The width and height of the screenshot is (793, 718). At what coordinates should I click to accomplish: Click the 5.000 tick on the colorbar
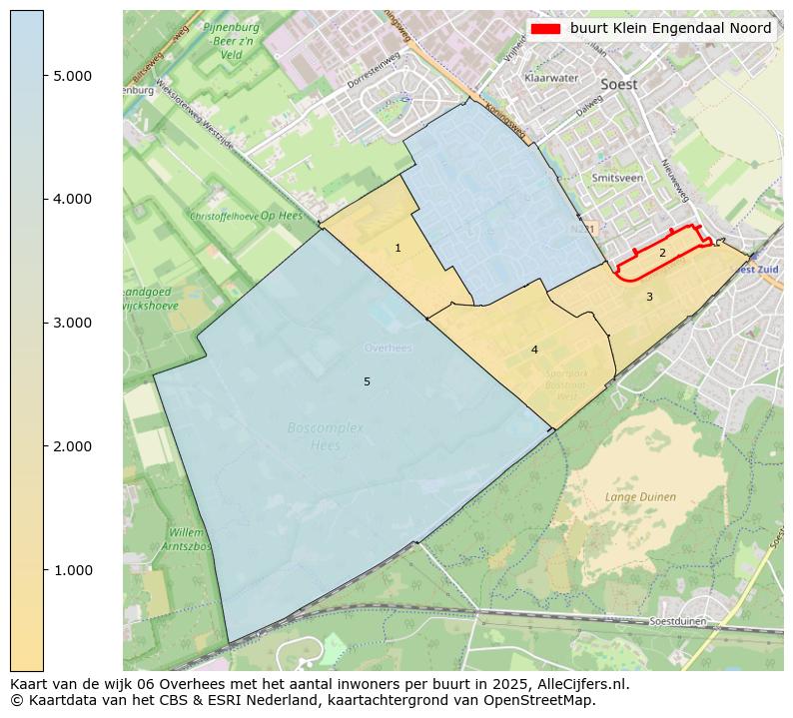[74, 76]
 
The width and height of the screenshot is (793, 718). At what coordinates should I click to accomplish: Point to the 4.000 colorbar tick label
[74, 200]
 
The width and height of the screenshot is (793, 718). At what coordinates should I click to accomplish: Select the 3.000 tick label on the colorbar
[74, 323]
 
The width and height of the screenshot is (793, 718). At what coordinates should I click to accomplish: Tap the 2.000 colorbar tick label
[74, 446]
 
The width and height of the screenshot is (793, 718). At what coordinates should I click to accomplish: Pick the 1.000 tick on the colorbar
[74, 570]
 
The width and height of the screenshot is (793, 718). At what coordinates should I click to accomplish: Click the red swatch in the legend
[545, 29]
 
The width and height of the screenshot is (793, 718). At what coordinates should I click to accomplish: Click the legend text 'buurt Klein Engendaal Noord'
[670, 29]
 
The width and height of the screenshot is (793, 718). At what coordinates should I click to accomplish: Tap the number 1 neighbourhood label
[397, 248]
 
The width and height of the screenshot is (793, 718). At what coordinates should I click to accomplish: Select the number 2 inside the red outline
[662, 254]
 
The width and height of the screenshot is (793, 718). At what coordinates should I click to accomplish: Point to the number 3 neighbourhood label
[649, 297]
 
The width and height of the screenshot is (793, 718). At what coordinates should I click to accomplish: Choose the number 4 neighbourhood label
[534, 350]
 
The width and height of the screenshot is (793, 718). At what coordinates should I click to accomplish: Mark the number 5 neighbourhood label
[367, 381]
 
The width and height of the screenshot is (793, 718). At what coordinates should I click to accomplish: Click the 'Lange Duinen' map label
[640, 496]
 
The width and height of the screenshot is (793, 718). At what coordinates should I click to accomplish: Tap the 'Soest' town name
[618, 85]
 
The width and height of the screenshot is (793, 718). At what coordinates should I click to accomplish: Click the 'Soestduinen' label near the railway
[677, 621]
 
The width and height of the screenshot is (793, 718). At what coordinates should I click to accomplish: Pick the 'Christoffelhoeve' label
[224, 216]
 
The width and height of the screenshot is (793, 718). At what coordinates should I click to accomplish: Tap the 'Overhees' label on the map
[388, 348]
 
